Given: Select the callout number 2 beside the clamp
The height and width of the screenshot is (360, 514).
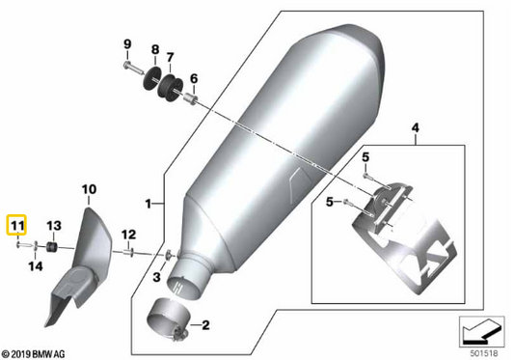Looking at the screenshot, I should [205, 326].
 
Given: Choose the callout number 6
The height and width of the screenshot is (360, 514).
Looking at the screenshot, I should [193, 79].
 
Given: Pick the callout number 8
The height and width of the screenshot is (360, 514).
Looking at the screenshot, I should [154, 48].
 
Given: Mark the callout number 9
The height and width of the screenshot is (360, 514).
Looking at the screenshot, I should [126, 44].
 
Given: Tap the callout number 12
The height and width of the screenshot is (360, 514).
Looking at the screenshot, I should [127, 234].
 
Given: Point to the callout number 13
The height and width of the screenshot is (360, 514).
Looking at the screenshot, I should [54, 225].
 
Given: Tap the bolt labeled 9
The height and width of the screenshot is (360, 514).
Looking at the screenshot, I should [129, 67].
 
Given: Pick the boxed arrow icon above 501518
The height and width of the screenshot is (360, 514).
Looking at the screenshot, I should [481, 330].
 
